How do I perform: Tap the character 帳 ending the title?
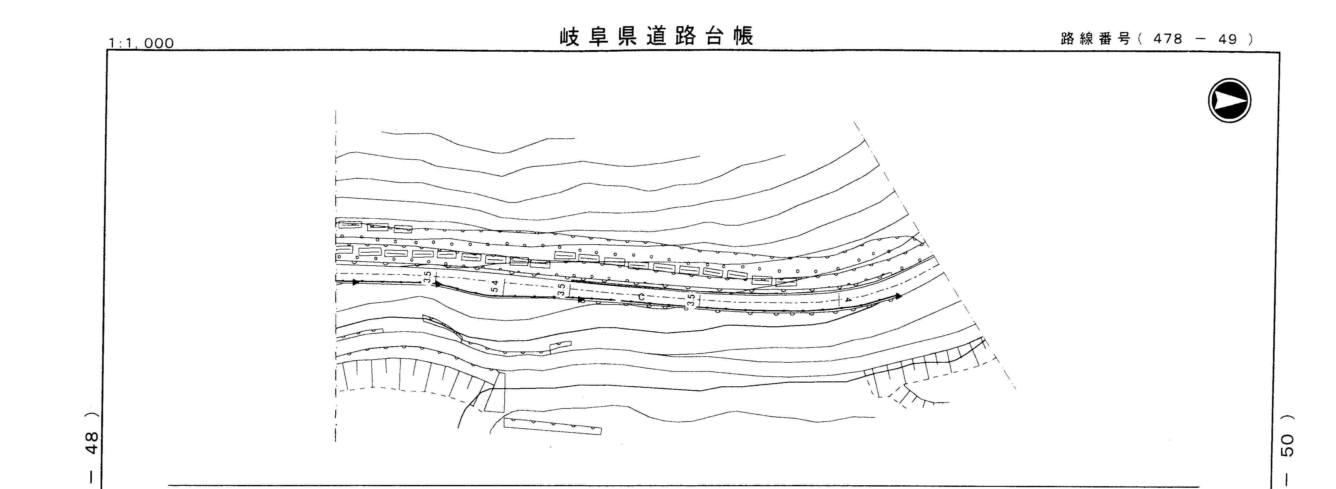coord(743,37)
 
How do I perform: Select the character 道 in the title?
coord(657,37)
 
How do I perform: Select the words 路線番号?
coord(1095,39)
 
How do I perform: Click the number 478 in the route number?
coord(1168,39)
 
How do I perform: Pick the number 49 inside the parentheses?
coord(1228,39)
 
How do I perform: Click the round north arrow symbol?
coord(1229,100)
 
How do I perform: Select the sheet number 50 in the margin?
coord(1288,445)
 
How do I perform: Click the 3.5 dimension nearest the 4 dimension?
coord(691,300)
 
